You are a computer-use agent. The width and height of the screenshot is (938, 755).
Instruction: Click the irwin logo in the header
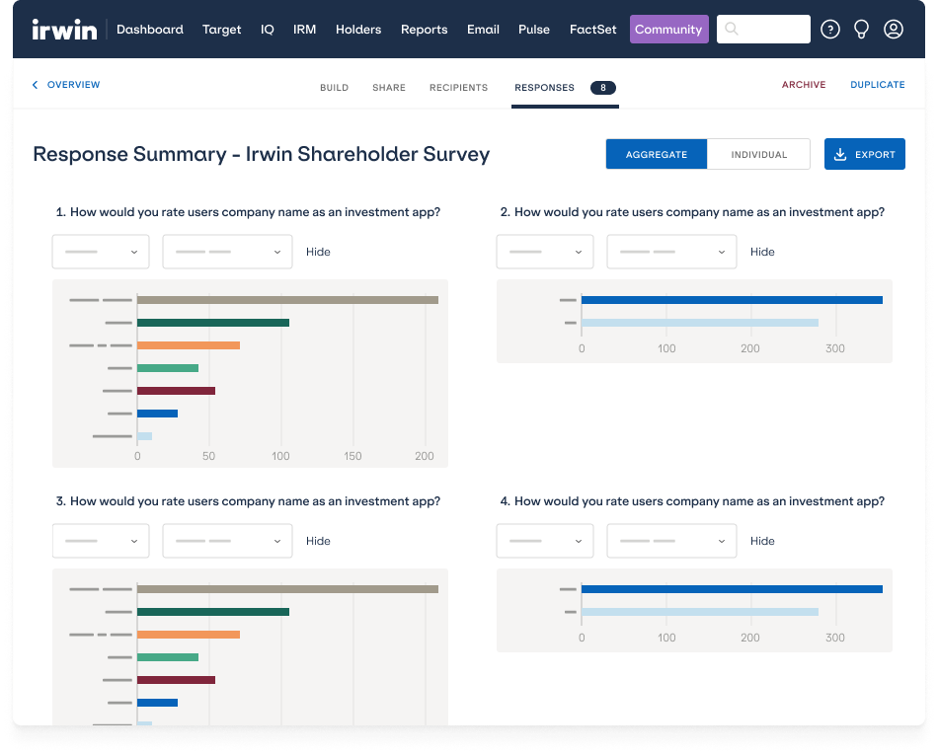coord(64,30)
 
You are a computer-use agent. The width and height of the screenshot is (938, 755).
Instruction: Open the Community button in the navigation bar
coord(668,30)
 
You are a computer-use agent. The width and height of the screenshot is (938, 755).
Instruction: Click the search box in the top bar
coord(763,30)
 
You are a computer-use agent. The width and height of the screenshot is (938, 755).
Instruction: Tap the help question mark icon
coord(830,30)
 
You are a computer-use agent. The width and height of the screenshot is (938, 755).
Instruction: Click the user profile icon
coord(894,30)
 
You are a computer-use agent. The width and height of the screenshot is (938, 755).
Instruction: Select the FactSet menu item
coord(592,30)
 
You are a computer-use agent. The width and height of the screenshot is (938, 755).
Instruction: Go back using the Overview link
coord(66,85)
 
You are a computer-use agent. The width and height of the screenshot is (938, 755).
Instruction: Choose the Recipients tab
coord(458,88)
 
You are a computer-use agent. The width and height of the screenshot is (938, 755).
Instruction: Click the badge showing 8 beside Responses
coord(603,88)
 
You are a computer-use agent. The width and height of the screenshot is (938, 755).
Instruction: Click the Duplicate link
coord(877,85)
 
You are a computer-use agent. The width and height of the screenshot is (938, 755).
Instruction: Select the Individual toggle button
coord(758,154)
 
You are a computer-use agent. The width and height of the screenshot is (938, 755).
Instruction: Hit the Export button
coord(864,154)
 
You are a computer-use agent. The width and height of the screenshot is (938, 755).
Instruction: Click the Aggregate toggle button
coord(657,154)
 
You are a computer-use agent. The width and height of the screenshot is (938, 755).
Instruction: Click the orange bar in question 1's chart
coord(188,345)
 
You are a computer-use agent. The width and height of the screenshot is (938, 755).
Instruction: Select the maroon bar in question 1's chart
coord(176,391)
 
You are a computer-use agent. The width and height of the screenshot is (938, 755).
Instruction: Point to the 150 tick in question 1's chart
coord(352,457)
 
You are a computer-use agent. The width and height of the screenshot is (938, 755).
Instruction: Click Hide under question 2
coord(762,252)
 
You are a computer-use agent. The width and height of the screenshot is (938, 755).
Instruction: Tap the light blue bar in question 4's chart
coord(699,612)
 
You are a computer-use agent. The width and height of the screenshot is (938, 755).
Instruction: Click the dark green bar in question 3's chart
coord(212,612)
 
